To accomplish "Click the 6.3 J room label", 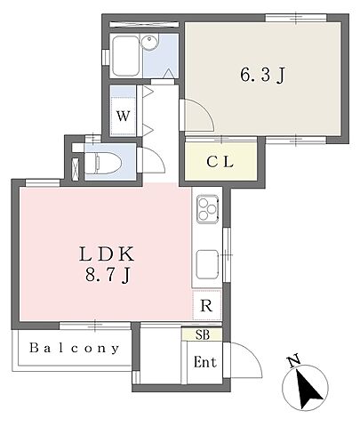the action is point(262,75).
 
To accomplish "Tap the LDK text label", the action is point(107,254).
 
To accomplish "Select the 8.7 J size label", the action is point(108,276).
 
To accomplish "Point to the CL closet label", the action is point(220,162).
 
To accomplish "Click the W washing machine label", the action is point(123,116).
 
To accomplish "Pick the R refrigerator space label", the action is point(206,305).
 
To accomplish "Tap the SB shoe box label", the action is point(203,334).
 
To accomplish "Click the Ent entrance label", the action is point(204,362).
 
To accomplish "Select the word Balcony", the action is point(75,348).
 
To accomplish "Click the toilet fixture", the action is point(103,163).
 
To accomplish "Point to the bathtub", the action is point(126,55).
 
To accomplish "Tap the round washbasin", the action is point(149,42).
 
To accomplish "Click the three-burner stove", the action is point(208,209).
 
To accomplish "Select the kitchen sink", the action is point(208,264).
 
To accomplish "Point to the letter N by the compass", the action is point(294,361).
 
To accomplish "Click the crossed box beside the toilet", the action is point(76,169).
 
